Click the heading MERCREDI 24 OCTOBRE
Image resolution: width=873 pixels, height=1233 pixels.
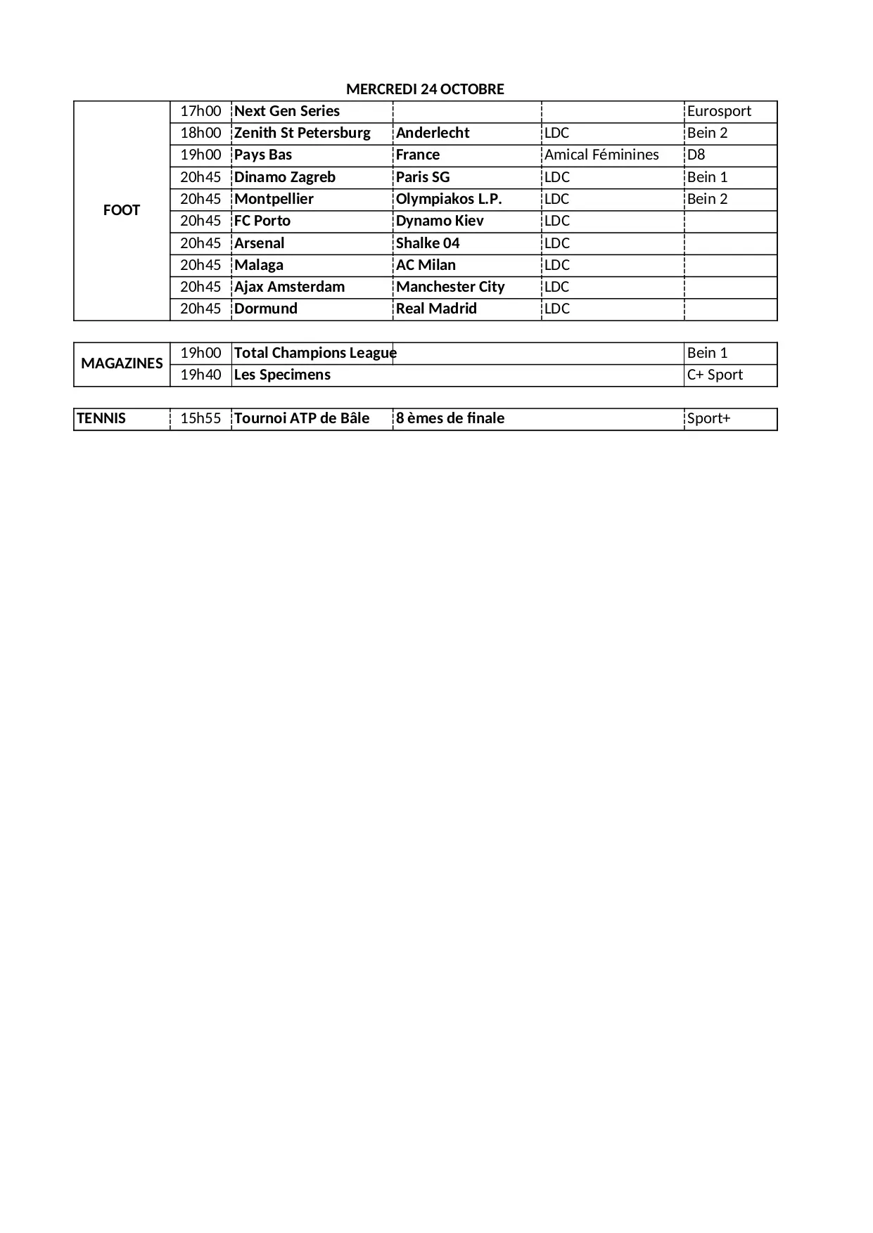[425, 89]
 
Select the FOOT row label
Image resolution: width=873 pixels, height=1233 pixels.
[122, 210]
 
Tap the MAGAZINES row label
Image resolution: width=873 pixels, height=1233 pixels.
[122, 363]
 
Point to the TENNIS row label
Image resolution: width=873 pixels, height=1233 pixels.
[101, 418]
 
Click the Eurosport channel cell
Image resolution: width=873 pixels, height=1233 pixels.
[719, 111]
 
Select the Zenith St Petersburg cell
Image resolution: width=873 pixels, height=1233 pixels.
[302, 133]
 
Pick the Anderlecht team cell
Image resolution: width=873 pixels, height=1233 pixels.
[433, 133]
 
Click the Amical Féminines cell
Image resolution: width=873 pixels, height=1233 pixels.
[601, 155]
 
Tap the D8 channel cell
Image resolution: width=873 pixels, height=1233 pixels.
[696, 155]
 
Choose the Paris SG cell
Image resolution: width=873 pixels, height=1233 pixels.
[423, 177]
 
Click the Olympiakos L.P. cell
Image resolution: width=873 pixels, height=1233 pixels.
[449, 199]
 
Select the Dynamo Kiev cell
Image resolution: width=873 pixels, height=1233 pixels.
[440, 221]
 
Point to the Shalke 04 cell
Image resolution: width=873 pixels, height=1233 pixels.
[428, 243]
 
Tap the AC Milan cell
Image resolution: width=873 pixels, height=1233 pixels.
[426, 265]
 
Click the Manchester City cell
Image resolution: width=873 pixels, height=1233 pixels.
[450, 287]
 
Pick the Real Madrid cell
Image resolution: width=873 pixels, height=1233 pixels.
[436, 309]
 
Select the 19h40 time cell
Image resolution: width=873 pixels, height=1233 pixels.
[200, 375]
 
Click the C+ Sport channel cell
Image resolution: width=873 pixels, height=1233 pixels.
[715, 375]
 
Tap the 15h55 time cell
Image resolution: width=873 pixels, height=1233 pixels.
[200, 418]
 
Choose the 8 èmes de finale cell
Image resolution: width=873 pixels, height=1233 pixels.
[450, 418]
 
